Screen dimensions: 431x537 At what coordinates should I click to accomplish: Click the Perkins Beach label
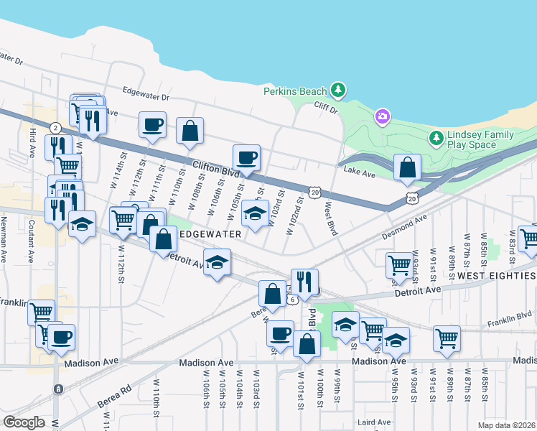(294, 91)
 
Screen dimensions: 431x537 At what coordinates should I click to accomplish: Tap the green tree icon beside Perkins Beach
(337, 91)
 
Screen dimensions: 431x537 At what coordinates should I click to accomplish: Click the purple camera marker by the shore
(383, 116)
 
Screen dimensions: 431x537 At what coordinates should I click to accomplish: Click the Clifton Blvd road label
(215, 170)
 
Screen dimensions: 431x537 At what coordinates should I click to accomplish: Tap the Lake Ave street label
(360, 171)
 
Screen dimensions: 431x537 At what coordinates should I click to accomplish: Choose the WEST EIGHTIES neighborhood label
(496, 276)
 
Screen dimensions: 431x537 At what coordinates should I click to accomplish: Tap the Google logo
(24, 422)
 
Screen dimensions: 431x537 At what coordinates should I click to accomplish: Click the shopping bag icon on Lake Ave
(407, 167)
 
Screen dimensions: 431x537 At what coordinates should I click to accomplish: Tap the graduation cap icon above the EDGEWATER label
(255, 213)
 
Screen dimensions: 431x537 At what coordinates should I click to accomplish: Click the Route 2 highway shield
(55, 127)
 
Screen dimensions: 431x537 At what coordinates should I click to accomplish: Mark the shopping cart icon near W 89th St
(447, 338)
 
